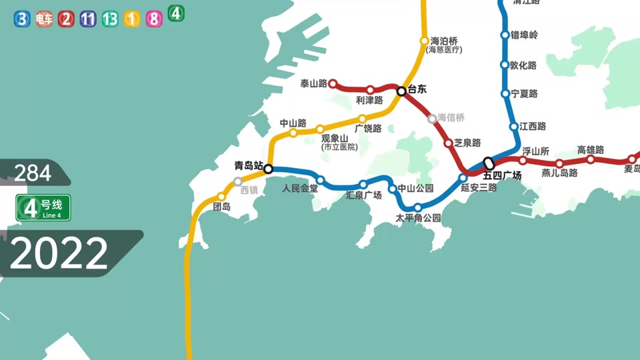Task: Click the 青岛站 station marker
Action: pos(269,169)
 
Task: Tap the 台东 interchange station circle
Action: pos(401,91)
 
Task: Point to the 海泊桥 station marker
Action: pos(424,41)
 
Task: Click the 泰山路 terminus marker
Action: pos(333,84)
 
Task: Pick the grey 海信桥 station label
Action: pos(451,117)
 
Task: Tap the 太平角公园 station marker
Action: pos(418,207)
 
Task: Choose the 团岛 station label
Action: pos(221,207)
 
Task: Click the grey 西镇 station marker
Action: pos(238,181)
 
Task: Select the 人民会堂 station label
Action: pos(300,189)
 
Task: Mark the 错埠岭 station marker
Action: pos(505,35)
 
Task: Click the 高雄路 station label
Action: pos(591,150)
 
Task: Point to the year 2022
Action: pos(59,254)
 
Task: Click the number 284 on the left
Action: pos(33,173)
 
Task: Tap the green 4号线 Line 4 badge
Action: pos(43,207)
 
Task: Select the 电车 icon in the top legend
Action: pos(44,19)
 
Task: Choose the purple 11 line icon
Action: pos(88,19)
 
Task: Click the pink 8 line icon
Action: pos(154,19)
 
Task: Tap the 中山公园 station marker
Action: pos(393,189)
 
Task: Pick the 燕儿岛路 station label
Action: pos(559,173)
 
